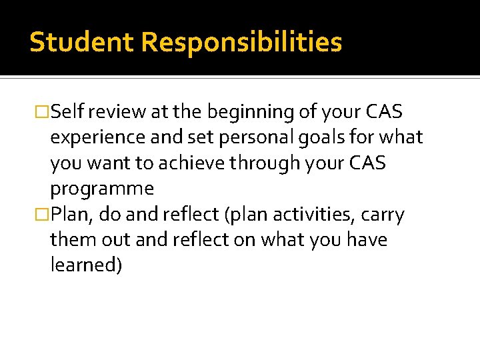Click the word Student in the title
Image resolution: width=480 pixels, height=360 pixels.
[82, 42]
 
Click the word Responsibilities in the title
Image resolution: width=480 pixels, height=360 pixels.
[241, 42]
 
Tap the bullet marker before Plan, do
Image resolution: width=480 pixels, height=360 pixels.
[43, 215]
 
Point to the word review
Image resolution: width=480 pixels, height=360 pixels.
[114, 112]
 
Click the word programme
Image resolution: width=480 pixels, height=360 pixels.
[101, 189]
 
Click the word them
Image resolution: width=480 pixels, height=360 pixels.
[72, 239]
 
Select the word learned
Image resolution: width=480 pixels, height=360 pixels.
[86, 265]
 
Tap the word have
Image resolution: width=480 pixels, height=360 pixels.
[365, 239]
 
